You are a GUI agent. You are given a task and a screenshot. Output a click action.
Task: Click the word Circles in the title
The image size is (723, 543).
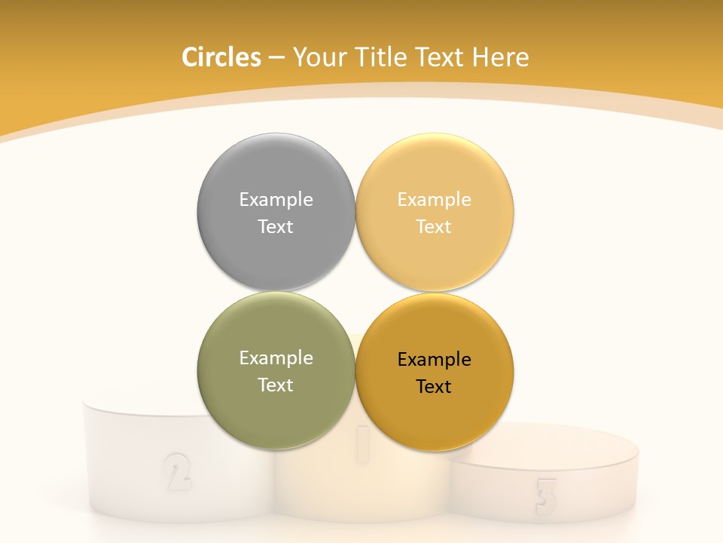click(221, 57)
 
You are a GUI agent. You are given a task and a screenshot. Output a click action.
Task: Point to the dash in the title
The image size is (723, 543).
click(276, 58)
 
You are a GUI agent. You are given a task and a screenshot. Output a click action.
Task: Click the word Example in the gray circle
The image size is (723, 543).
click(276, 200)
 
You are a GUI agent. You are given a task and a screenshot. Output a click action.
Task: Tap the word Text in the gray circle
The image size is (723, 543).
click(276, 226)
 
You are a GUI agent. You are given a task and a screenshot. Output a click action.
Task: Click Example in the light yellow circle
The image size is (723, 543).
click(434, 200)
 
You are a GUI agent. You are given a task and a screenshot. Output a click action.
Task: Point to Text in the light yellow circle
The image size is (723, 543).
click(434, 226)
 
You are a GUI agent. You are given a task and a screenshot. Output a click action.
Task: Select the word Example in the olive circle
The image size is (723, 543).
click(276, 358)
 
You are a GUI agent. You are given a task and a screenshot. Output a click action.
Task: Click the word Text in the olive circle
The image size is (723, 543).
click(276, 385)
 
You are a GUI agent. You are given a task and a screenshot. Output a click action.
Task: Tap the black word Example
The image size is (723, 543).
click(434, 360)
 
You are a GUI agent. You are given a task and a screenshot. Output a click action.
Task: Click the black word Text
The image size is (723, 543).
click(434, 386)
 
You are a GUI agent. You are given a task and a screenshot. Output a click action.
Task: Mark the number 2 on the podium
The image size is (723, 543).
click(176, 471)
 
